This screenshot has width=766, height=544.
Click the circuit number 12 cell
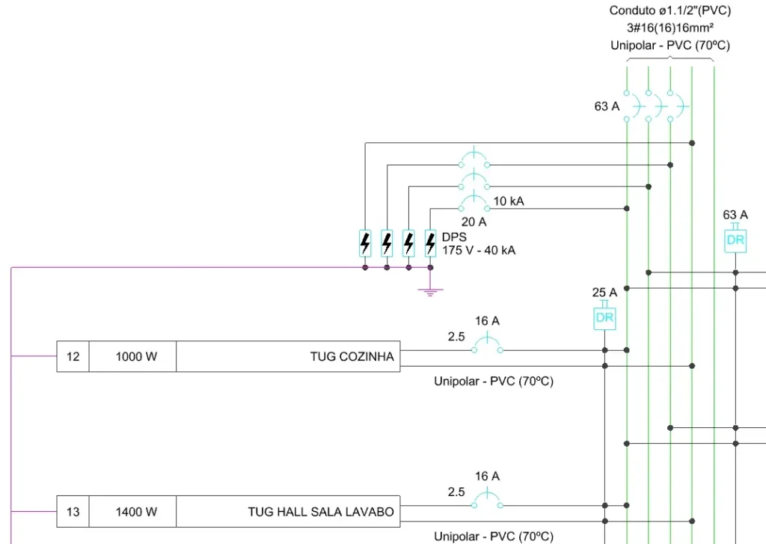(x=73, y=356)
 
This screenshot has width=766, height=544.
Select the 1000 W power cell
(x=136, y=356)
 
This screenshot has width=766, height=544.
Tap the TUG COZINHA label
(x=352, y=356)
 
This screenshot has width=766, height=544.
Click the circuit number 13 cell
(x=73, y=512)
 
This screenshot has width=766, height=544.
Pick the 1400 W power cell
(x=136, y=512)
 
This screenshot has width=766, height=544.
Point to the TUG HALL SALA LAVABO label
(x=321, y=512)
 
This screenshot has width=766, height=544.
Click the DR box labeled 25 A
(x=604, y=317)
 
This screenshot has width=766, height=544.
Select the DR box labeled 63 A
(x=735, y=239)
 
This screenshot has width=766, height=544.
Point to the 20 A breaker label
(x=474, y=221)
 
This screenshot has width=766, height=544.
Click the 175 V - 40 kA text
(x=479, y=250)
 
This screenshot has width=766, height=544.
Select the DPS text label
(x=454, y=236)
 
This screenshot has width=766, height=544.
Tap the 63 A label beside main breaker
(x=607, y=106)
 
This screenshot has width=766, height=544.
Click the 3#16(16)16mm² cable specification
(x=670, y=28)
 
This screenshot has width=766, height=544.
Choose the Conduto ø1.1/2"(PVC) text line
(x=670, y=10)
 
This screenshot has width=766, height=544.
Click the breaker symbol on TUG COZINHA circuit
(x=487, y=346)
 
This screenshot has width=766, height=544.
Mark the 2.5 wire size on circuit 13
(x=456, y=492)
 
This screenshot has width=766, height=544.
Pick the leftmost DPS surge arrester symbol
(x=365, y=242)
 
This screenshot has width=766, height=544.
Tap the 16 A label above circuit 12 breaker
(x=487, y=321)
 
